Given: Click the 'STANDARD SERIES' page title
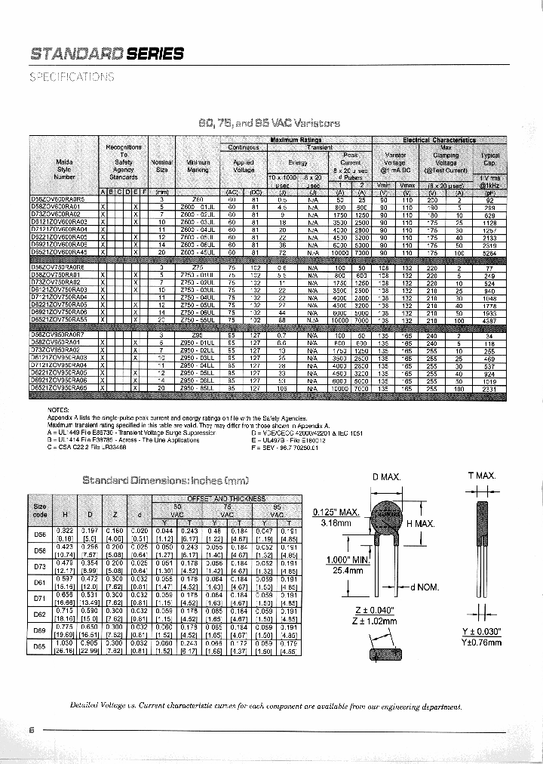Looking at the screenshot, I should pyautogui.click(x=106, y=53).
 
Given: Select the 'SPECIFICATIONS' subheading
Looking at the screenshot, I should pyautogui.click(x=72, y=77).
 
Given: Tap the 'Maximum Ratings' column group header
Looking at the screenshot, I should pyautogui.click(x=296, y=140).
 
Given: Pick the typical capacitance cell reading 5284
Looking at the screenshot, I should pyautogui.click(x=489, y=254).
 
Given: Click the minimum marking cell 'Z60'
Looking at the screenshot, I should pyautogui.click(x=198, y=199).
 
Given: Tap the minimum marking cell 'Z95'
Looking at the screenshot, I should pyautogui.click(x=198, y=335).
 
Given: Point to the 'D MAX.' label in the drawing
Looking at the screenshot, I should pyautogui.click(x=386, y=476).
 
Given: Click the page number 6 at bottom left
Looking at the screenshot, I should pyautogui.click(x=32, y=730).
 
